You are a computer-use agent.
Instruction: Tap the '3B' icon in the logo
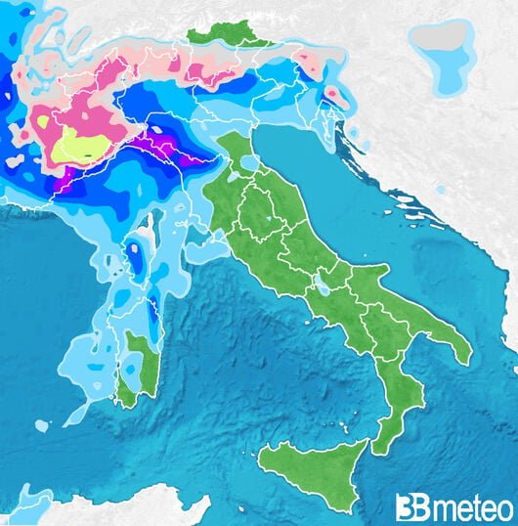(410, 507)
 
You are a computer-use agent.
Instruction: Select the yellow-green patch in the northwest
(83, 148)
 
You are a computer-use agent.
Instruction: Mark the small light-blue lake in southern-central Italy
(321, 288)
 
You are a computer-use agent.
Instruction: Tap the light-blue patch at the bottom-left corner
(24, 504)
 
